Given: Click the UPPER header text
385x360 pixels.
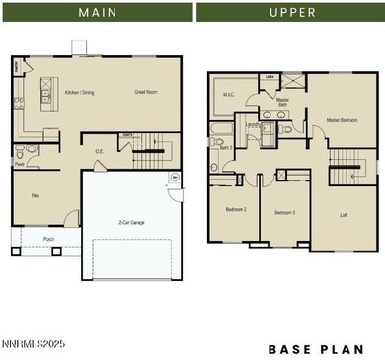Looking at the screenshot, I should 291,13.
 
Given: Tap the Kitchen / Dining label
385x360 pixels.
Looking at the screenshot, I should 80,92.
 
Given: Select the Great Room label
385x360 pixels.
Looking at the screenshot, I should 147,92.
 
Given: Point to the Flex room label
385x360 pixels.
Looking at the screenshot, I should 36,196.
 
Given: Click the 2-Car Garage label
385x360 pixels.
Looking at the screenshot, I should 131,223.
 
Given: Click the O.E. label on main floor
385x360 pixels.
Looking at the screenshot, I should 100,151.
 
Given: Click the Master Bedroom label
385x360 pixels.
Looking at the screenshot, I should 341,121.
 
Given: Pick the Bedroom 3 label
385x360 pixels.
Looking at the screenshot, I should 285,213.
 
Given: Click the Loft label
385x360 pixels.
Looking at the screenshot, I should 344,214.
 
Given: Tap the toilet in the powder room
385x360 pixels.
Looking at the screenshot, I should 33,149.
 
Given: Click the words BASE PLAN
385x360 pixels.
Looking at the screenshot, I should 316,349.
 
